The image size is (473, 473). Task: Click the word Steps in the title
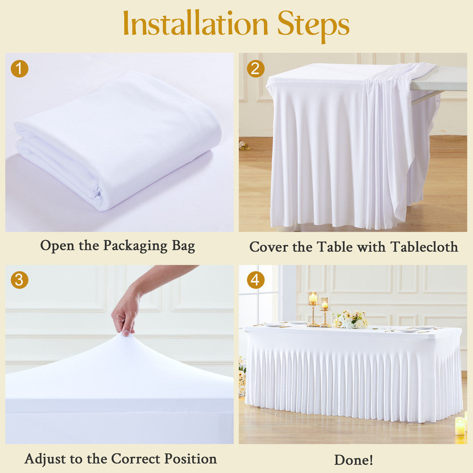click(x=313, y=24)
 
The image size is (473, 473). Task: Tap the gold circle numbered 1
click(x=19, y=69)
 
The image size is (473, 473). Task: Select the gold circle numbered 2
click(x=255, y=69)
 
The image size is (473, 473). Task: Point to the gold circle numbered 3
click(x=19, y=280)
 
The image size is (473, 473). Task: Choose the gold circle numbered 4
click(x=255, y=280)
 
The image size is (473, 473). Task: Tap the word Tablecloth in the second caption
click(x=424, y=247)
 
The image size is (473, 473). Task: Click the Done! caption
click(x=353, y=460)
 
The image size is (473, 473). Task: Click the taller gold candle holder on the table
click(x=313, y=309)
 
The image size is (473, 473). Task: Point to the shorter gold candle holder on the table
click(x=325, y=312)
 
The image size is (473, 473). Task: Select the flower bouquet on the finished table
click(x=351, y=319)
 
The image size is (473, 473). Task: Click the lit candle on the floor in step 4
click(x=460, y=426)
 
